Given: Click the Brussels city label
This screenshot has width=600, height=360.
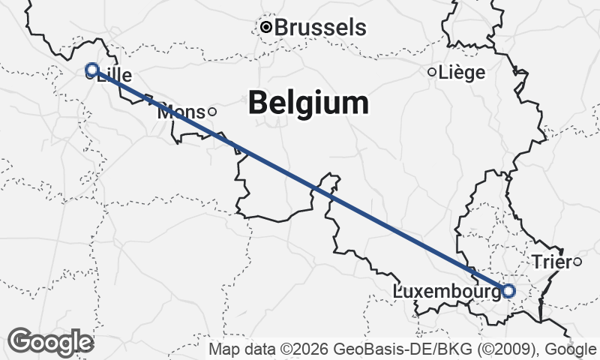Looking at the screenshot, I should [x=320, y=28].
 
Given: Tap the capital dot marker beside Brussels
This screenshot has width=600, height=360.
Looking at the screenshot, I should [x=265, y=28].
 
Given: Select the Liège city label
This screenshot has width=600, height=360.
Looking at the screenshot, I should [x=461, y=73].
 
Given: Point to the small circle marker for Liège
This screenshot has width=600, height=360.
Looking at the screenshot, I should [x=431, y=72].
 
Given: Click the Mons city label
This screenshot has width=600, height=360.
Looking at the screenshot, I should [x=181, y=112].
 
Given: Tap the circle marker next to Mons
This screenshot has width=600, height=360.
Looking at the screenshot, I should [x=211, y=112].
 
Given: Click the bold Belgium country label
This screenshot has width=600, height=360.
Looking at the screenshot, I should [x=308, y=103].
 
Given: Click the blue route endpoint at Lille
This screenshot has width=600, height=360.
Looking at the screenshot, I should [x=92, y=70].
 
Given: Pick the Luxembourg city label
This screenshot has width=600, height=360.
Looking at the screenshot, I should [x=447, y=291].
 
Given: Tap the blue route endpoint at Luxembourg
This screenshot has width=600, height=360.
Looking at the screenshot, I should [x=508, y=290].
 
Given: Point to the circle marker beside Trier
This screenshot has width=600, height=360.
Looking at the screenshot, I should [x=577, y=261].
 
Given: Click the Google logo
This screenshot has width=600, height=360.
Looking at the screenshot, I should [x=50, y=341].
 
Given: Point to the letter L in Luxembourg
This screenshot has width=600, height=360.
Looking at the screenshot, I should [x=397, y=291].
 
